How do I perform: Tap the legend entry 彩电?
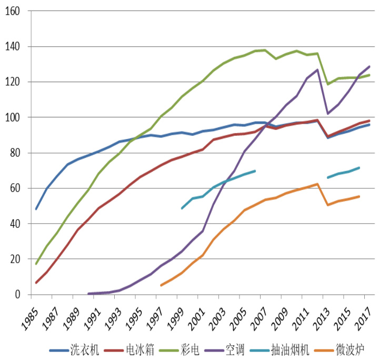tap(191, 349)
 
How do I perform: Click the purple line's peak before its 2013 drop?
tap(317, 69)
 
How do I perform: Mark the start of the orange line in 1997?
tap(161, 285)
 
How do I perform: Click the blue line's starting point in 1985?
tap(36, 209)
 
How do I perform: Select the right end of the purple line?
tap(370, 66)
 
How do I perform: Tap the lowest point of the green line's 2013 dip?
tap(328, 84)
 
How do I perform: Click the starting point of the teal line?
tap(182, 208)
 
